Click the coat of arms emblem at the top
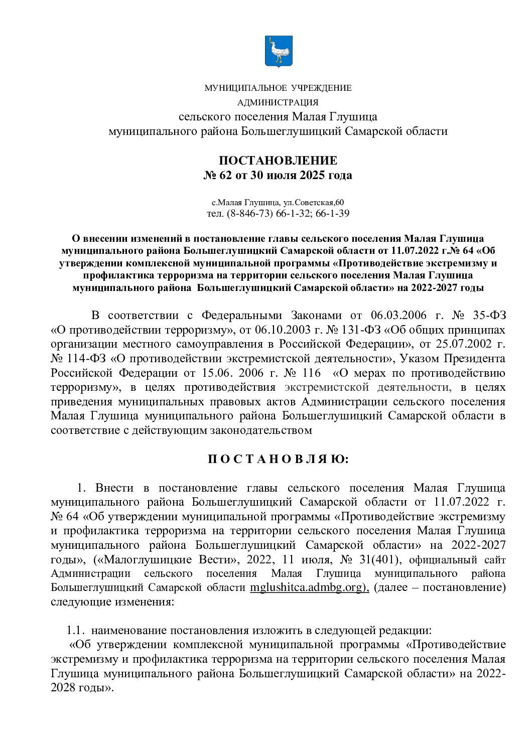tap(278, 51)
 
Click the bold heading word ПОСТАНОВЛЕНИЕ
tap(278, 161)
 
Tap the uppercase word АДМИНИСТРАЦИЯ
tap(278, 102)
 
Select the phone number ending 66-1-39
tap(333, 213)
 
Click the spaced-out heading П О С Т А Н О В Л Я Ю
tap(278, 459)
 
